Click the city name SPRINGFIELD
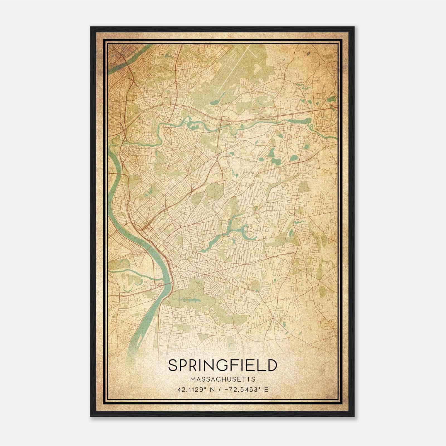[223, 365]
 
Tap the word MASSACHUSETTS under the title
[223, 379]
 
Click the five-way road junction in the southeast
[275, 318]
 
